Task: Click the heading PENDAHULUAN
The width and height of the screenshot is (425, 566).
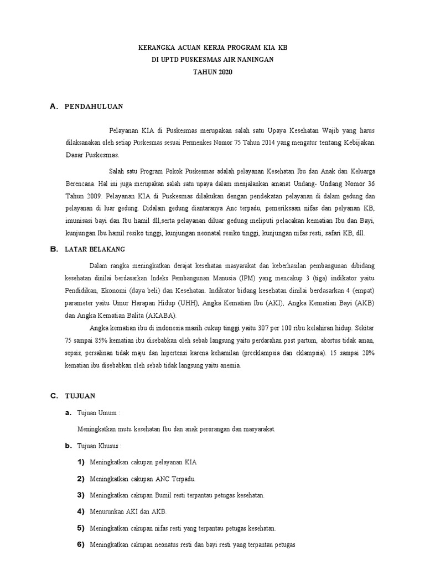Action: pyautogui.click(x=94, y=106)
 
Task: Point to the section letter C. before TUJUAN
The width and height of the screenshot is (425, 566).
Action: pyautogui.click(x=54, y=396)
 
